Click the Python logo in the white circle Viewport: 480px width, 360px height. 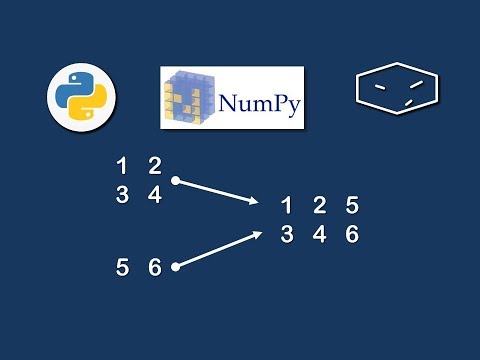click(82, 97)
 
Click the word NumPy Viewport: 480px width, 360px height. click(255, 103)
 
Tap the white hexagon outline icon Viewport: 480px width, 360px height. click(397, 91)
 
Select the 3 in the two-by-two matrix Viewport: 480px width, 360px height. click(122, 195)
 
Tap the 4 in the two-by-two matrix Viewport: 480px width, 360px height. click(154, 195)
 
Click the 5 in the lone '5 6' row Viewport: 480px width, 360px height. click(122, 267)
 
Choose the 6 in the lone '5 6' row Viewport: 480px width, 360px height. click(154, 267)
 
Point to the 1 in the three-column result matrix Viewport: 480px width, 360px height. click(287, 206)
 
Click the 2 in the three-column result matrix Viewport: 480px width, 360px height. click(319, 206)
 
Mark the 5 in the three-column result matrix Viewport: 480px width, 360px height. click(351, 206)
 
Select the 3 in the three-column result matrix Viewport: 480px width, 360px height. click(287, 235)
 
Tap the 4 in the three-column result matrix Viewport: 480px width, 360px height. click(319, 235)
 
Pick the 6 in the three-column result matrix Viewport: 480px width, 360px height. click(351, 235)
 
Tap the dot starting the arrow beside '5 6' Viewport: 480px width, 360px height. click(175, 267)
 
